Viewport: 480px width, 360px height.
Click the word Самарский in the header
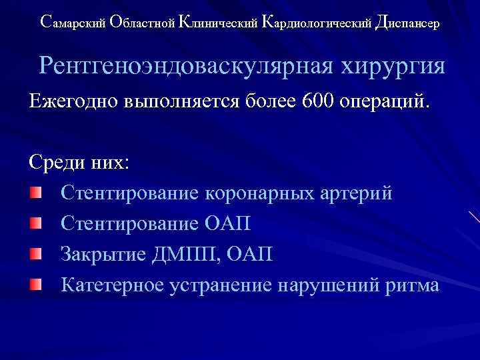coord(73,23)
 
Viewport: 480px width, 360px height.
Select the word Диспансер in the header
coord(407,23)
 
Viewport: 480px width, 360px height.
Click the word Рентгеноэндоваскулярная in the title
coord(187,66)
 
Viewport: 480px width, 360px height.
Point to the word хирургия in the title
coord(393,67)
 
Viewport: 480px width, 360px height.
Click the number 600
coord(319,102)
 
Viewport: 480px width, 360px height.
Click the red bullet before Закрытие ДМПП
coord(35,254)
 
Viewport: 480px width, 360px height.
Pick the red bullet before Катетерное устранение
coord(35,285)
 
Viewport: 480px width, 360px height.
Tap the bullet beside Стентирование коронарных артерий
coord(35,193)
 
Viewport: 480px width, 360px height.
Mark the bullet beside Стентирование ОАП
coord(35,223)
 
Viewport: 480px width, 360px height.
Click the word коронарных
coord(259,194)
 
